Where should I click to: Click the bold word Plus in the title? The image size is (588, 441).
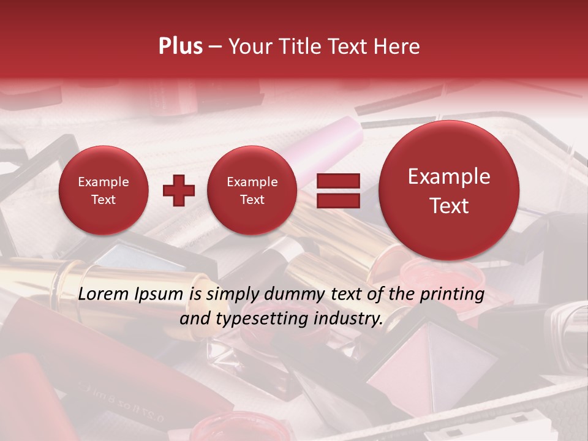pos(180,47)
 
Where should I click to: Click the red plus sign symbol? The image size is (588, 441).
pos(178,190)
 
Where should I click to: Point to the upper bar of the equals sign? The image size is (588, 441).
pos(337,181)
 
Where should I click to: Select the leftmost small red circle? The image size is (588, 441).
pos(104,190)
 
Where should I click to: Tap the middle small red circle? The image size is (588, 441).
pos(252,190)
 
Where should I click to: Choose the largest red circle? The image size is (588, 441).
pos(449,190)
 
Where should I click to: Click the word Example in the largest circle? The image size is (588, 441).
pos(449,176)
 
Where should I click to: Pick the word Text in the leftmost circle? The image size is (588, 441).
pos(104,200)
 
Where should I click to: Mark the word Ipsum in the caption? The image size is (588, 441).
pos(160,295)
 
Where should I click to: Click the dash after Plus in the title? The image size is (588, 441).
pos(215,47)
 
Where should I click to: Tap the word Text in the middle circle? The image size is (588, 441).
pos(252,200)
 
